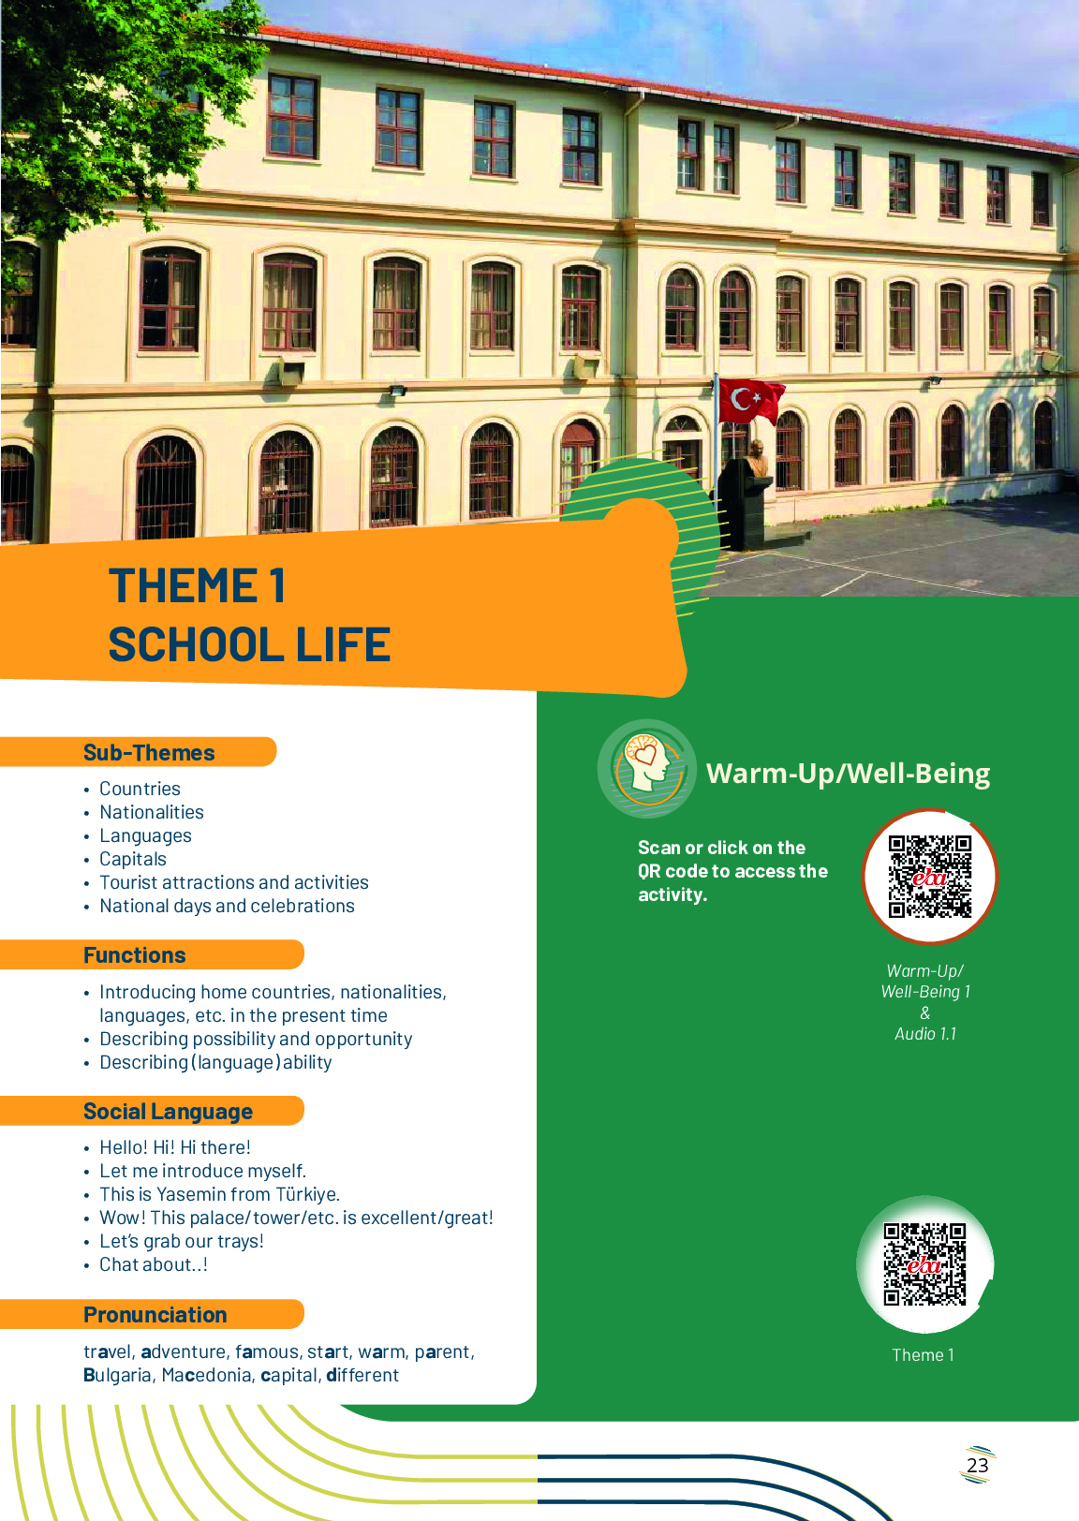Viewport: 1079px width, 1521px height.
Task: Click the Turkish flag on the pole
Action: (x=751, y=401)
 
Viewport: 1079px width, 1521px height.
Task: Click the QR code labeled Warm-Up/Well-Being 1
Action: (x=930, y=876)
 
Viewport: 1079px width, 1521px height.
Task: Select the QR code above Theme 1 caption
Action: (x=924, y=1263)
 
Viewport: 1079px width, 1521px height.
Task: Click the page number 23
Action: (x=977, y=1465)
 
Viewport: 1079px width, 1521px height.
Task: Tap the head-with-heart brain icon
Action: (x=647, y=768)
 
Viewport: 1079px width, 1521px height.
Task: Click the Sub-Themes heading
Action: (x=149, y=752)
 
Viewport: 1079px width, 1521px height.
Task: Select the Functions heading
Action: (x=135, y=954)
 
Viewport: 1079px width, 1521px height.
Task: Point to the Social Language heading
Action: (x=168, y=1111)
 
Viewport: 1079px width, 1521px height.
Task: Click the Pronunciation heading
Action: (x=155, y=1314)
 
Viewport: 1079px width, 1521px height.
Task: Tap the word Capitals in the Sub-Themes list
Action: (x=132, y=859)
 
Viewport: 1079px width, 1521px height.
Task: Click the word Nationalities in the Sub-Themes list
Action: (x=152, y=812)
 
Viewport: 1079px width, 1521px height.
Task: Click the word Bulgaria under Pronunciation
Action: (x=120, y=1375)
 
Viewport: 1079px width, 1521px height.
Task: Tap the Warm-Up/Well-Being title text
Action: (x=849, y=774)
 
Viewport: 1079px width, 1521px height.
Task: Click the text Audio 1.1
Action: (x=924, y=1033)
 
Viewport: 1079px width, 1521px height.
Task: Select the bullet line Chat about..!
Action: (x=154, y=1264)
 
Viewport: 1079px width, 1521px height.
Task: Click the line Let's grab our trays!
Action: (x=182, y=1241)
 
